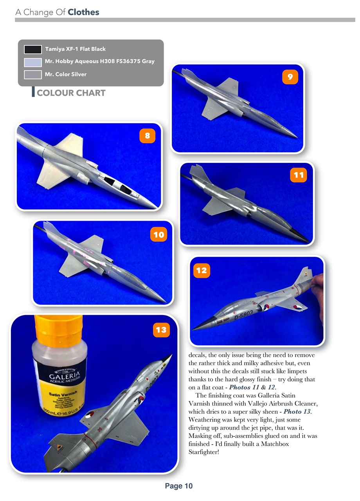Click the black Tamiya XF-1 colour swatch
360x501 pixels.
[33, 49]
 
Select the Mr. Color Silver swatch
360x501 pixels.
[33, 74]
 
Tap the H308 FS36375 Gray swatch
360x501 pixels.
[33, 62]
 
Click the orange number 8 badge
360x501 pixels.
[147, 136]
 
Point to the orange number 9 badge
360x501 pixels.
[290, 77]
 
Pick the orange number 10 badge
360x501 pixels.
[158, 234]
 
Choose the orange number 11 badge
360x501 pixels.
[299, 175]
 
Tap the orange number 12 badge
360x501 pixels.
[202, 270]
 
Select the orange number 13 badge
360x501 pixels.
[161, 330]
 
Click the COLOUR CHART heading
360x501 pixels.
[71, 93]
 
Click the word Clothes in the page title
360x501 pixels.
[83, 12]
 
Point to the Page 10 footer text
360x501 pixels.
[179, 486]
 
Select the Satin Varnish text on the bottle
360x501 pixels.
[63, 393]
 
